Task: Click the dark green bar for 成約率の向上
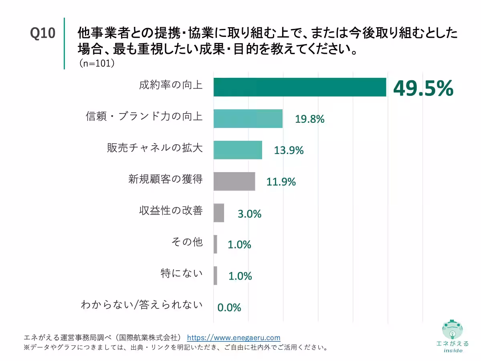(299, 87)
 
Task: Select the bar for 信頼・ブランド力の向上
(248, 118)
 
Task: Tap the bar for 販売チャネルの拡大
(238, 150)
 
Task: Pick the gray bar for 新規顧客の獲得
(234, 181)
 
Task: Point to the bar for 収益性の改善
(218, 213)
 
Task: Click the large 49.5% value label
(423, 88)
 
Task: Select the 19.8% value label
(309, 119)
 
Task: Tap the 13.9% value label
(289, 150)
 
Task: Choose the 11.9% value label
(281, 182)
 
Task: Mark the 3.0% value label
(249, 214)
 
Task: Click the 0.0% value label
(229, 308)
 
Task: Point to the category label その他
(187, 242)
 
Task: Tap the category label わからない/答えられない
(141, 305)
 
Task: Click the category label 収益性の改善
(171, 211)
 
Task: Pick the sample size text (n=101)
(97, 63)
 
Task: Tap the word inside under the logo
(453, 350)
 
